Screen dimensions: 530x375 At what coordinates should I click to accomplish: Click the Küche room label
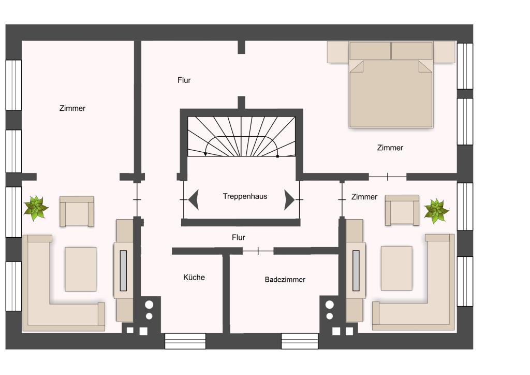click(194, 277)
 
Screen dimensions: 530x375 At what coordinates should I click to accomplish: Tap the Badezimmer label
click(285, 280)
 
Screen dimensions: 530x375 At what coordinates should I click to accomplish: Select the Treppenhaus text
click(245, 196)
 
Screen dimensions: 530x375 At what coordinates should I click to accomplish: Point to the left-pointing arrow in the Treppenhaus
click(194, 200)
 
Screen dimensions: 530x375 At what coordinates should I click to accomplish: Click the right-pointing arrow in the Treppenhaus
click(289, 200)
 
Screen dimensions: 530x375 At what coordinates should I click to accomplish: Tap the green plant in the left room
click(36, 208)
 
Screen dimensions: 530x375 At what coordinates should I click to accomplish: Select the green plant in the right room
click(437, 211)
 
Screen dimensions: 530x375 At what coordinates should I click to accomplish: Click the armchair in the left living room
click(77, 211)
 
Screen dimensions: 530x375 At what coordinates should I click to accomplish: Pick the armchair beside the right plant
click(402, 210)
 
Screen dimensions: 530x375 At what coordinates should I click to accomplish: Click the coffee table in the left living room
click(80, 269)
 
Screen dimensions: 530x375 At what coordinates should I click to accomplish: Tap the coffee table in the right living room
click(396, 268)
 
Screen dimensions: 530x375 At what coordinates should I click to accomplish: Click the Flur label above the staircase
click(184, 80)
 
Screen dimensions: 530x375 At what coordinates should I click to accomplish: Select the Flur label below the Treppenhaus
click(239, 237)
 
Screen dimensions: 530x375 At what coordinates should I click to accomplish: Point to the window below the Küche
click(185, 341)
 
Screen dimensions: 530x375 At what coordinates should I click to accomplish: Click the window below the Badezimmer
click(300, 341)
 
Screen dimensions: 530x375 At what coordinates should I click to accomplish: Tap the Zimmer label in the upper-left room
click(72, 108)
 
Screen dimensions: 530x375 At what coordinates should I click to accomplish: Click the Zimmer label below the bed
click(390, 148)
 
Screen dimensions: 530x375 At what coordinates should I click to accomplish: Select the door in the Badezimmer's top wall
click(258, 251)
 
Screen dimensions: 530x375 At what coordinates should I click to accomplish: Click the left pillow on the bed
click(370, 51)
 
